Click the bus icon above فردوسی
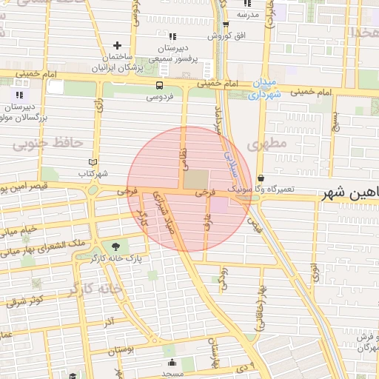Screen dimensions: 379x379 [160, 85]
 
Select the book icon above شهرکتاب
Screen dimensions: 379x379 [93, 162]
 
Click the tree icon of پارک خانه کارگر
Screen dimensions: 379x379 [115, 246]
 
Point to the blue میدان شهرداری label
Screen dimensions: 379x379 [262, 88]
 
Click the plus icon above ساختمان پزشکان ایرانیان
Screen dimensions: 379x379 [117, 46]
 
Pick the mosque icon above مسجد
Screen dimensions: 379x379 [172, 362]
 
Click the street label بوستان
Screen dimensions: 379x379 [123, 349]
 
